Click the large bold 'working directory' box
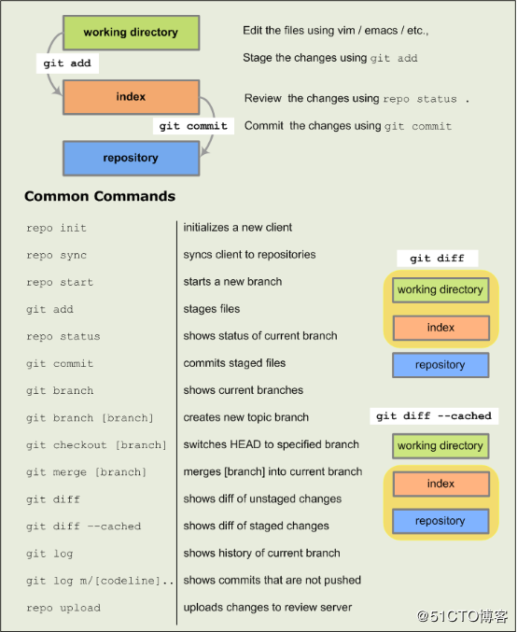point(131,33)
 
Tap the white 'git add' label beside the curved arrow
point(67,63)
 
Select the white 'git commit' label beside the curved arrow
point(193,126)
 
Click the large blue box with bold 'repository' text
point(131,158)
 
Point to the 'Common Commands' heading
point(100,196)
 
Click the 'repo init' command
point(56,228)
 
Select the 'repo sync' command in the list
point(56,255)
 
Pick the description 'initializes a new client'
point(238,228)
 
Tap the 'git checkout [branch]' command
point(96,445)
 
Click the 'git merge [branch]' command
point(86,472)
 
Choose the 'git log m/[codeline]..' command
point(100,581)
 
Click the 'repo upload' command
point(63,608)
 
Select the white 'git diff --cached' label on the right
point(434,416)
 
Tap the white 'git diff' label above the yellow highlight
point(438,259)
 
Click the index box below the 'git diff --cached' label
point(440,484)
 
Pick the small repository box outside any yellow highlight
point(440,365)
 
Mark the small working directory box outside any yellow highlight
point(440,446)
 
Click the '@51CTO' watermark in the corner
point(462,616)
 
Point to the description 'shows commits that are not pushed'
point(272,580)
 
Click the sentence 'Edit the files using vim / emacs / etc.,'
point(336,31)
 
